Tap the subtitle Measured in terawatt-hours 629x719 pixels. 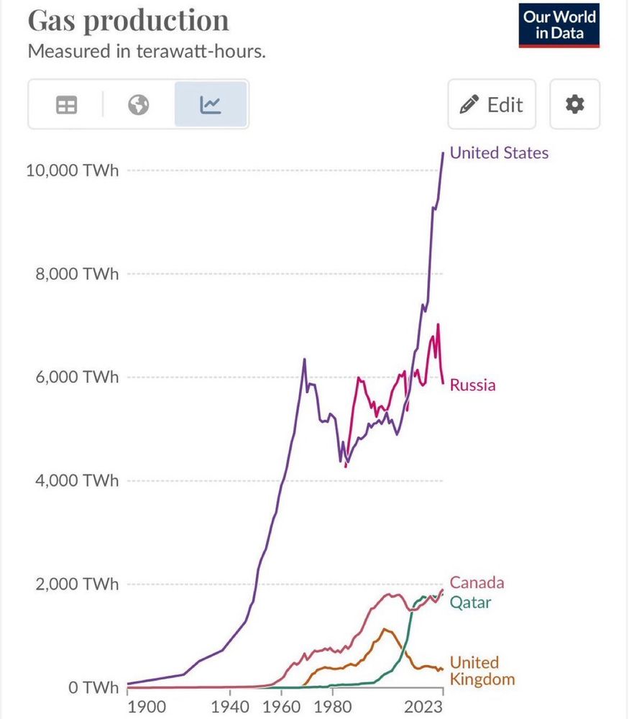147,52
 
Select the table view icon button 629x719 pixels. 66,105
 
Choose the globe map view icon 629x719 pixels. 138,105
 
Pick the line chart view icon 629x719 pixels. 211,105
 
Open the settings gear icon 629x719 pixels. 574,105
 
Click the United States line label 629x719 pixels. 499,152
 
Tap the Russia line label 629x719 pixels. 472,385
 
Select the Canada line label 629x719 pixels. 477,582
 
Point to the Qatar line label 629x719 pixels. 471,603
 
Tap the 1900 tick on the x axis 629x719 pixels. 147,707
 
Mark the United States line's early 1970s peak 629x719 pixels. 304,359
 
